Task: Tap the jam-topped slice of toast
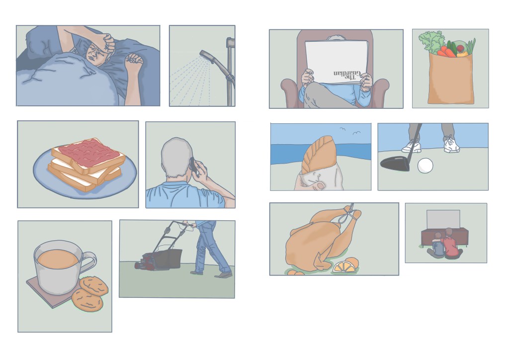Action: tap(88, 155)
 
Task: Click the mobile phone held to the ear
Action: tap(193, 165)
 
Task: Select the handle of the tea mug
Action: tap(88, 262)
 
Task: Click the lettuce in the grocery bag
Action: tap(431, 42)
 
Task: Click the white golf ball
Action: tap(425, 166)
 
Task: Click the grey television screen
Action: tap(443, 219)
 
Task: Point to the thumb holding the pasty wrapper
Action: tap(320, 185)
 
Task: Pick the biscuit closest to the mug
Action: tap(93, 285)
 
